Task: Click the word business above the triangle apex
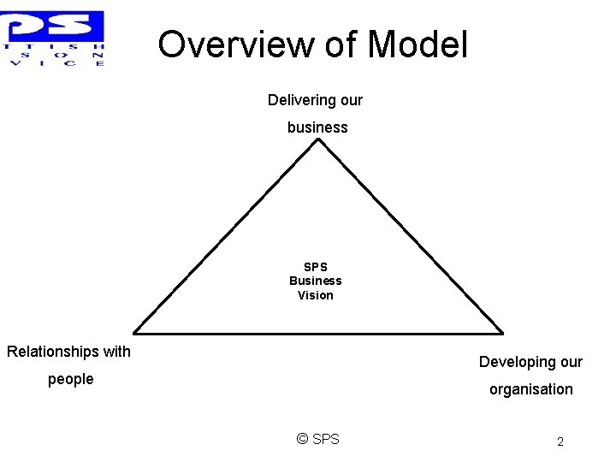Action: [x=317, y=127]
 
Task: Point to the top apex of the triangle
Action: [x=318, y=139]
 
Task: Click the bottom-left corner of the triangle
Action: [x=134, y=333]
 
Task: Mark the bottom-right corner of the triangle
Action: [x=502, y=333]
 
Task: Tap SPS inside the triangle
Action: [x=315, y=267]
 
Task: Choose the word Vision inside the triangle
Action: [x=315, y=295]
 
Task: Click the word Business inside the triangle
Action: [x=315, y=281]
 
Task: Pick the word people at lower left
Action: [x=70, y=379]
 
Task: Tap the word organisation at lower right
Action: [x=530, y=389]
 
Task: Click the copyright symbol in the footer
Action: [x=302, y=439]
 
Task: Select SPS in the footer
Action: [x=326, y=439]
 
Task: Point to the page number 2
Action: [x=560, y=442]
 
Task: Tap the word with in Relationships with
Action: [x=116, y=352]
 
